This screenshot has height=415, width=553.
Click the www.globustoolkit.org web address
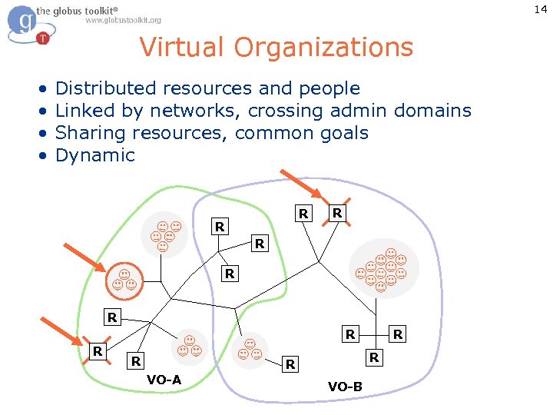[123, 20]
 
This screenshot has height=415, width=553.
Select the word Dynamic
[94, 155]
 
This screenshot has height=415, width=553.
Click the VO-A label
[164, 380]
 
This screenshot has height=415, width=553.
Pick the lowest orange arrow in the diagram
[61, 333]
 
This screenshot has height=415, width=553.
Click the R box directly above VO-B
[374, 357]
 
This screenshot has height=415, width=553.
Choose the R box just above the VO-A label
[136, 361]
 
